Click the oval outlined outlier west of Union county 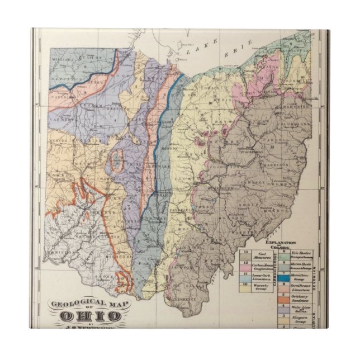(x=116, y=161)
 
